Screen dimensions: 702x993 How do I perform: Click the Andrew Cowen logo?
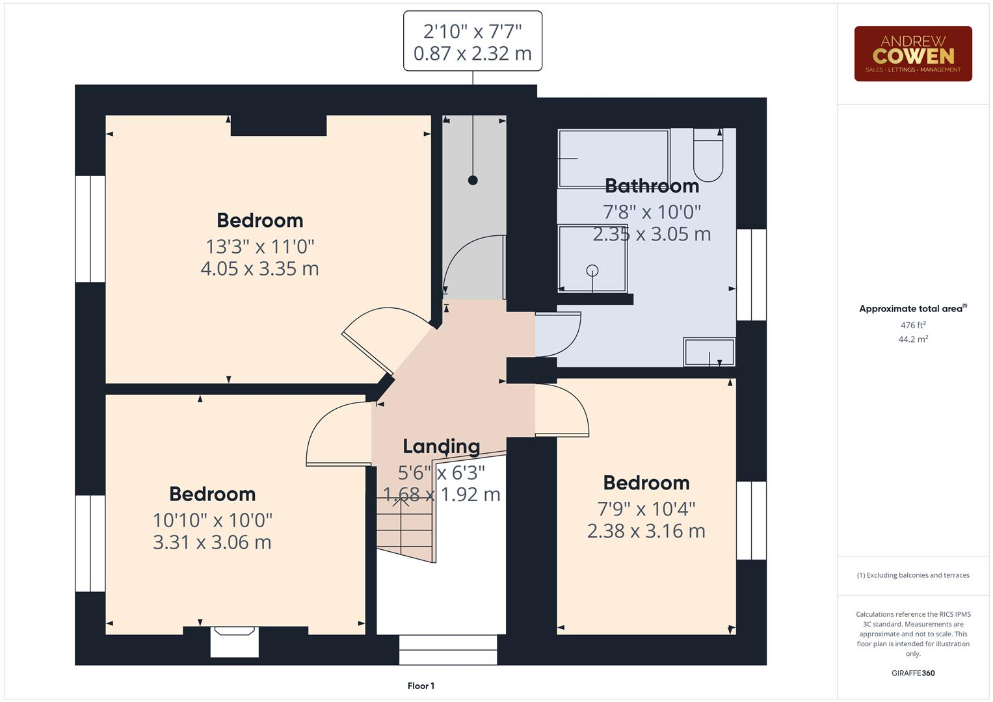(912, 53)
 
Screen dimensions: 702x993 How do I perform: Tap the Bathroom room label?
(652, 186)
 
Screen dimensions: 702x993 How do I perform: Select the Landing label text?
(441, 446)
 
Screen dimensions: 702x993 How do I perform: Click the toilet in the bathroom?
(708, 156)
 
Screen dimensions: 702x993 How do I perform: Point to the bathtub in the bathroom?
(613, 159)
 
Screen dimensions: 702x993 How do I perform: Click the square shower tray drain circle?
(592, 270)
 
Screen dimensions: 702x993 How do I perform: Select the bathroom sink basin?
(709, 352)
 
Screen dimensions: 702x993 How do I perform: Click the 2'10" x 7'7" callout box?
(473, 41)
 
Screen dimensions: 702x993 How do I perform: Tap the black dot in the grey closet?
(473, 180)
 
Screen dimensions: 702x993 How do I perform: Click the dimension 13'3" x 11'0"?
(260, 246)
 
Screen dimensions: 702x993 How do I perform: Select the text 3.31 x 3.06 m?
(212, 542)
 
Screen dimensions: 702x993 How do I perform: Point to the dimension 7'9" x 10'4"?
(646, 508)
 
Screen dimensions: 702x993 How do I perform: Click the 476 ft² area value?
(912, 325)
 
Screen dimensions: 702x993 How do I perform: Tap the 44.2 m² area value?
(912, 339)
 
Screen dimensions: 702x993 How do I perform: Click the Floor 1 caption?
(421, 686)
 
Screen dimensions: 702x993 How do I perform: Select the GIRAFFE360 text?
(912, 673)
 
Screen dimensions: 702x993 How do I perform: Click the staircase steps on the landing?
(404, 526)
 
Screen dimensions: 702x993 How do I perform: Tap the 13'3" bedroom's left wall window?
(90, 229)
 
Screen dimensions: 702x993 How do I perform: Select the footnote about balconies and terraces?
(912, 575)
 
